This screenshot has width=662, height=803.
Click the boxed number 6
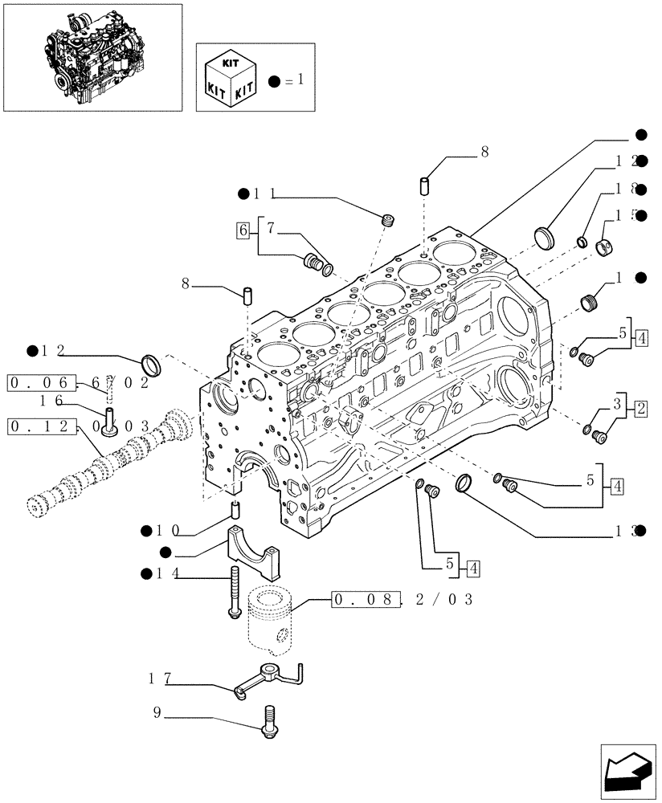tap(243, 230)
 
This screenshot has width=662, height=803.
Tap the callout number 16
tap(53, 400)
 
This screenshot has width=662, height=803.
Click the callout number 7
tap(271, 229)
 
